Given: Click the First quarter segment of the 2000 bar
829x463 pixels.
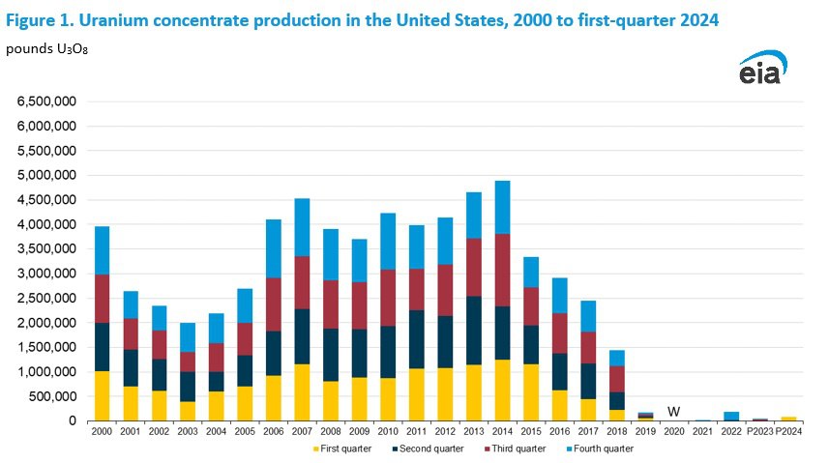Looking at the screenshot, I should (x=102, y=395).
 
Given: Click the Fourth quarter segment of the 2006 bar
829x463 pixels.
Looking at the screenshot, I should (x=274, y=248).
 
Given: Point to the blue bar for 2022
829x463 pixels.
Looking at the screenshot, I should (x=732, y=416).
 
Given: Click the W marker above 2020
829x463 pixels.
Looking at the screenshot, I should (x=674, y=411).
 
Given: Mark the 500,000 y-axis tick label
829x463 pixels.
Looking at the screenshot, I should (x=52, y=396).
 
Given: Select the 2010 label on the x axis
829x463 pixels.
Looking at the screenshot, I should (x=388, y=432).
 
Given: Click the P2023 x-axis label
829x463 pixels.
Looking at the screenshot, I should (x=759, y=432).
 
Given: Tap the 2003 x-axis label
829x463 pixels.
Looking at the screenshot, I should (x=188, y=432).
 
